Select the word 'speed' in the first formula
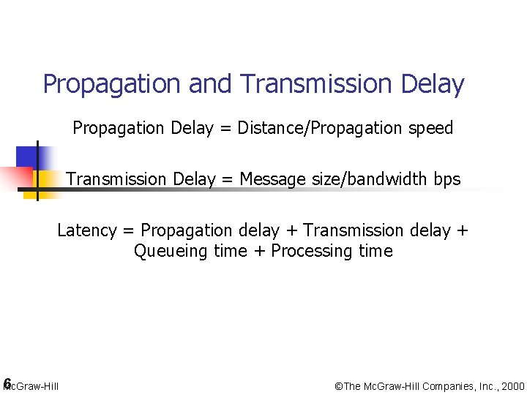(x=430, y=129)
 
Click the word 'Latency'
(x=86, y=230)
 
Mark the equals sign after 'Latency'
(x=129, y=231)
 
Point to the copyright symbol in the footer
(x=338, y=386)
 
